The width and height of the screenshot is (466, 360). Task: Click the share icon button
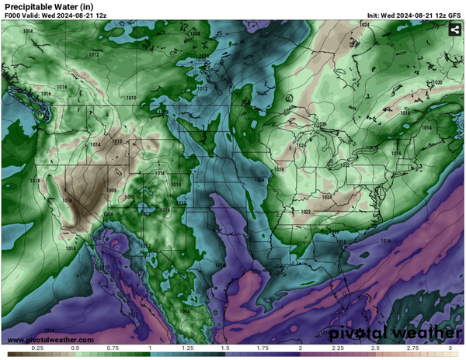pyautogui.click(x=454, y=30)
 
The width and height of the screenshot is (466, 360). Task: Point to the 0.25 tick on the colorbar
pyautogui.click(x=37, y=349)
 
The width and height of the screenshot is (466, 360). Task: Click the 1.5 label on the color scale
pyautogui.click(x=224, y=349)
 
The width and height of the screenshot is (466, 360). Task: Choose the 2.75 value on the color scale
pyautogui.click(x=412, y=349)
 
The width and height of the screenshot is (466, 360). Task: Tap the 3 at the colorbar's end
pyautogui.click(x=450, y=349)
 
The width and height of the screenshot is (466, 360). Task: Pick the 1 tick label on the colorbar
pyautogui.click(x=149, y=349)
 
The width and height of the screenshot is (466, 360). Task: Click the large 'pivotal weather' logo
pyautogui.click(x=394, y=333)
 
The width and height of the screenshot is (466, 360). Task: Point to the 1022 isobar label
pyautogui.click(x=306, y=211)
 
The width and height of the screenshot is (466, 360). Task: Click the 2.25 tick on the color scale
pyautogui.click(x=337, y=349)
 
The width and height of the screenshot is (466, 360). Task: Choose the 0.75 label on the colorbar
pyautogui.click(x=112, y=349)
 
